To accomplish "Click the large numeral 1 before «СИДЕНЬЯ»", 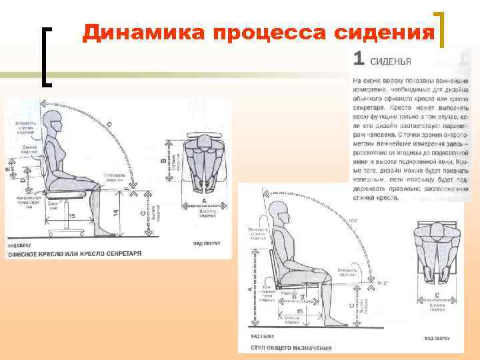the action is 358,59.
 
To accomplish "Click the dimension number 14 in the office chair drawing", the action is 115,211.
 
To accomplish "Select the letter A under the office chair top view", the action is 203,200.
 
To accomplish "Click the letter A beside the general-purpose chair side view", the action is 249,288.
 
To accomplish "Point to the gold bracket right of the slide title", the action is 441,31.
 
